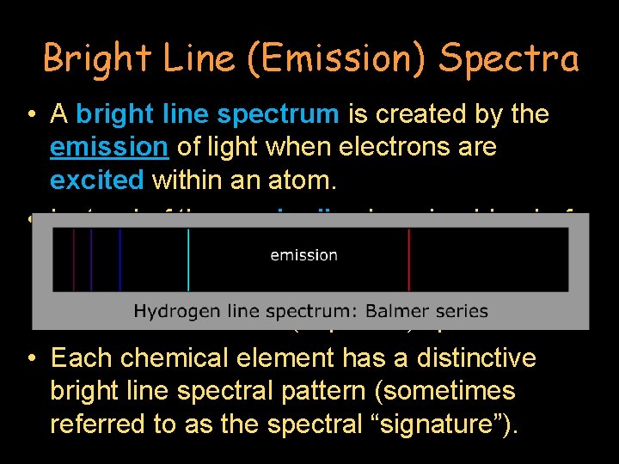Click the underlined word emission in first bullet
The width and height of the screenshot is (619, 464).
(x=108, y=148)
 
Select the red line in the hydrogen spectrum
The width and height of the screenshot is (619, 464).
(x=409, y=259)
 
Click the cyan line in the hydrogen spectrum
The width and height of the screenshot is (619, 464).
(x=188, y=259)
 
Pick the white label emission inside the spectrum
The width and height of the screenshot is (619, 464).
(x=303, y=254)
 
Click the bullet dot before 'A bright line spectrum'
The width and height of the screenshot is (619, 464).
(x=31, y=115)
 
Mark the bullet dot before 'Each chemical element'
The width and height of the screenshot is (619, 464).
(x=31, y=357)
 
